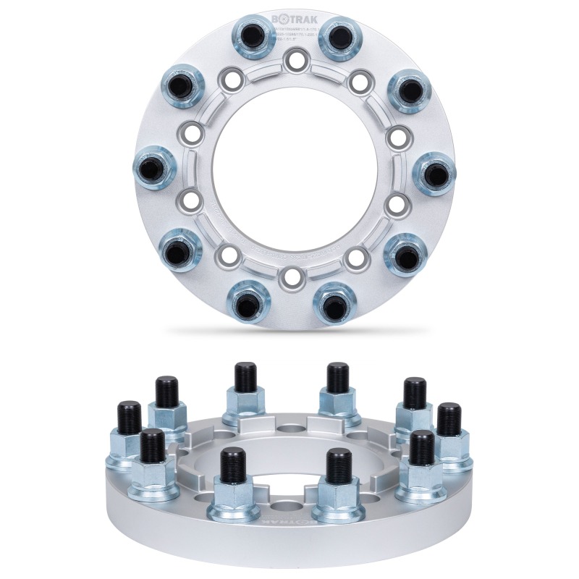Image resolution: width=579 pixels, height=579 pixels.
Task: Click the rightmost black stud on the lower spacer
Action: (x=449, y=418)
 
